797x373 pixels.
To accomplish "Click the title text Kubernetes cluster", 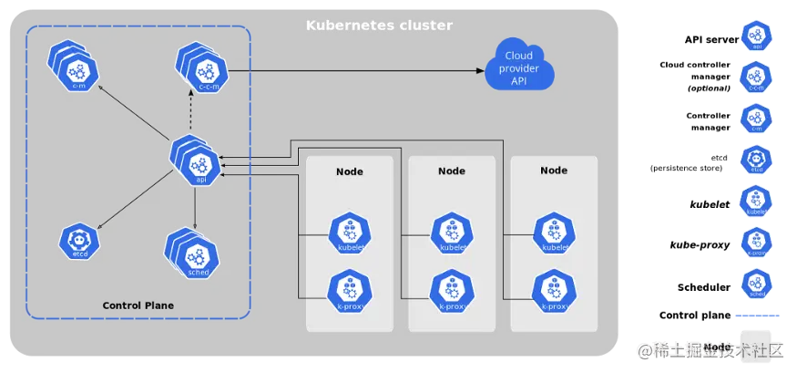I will coord(378,25).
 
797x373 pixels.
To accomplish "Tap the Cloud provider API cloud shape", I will coord(518,69).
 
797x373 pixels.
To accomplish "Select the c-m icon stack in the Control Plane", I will coord(75,67).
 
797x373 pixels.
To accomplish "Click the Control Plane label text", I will coord(138,305).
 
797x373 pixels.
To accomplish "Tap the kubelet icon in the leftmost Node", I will coord(350,233).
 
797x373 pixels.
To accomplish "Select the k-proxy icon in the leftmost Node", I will coord(350,290).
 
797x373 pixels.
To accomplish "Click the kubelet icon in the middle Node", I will coord(452,233).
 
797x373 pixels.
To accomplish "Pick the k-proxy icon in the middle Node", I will coord(452,290).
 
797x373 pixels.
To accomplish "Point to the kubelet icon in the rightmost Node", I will coord(554,233).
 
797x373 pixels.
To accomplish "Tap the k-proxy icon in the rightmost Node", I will coord(554,290).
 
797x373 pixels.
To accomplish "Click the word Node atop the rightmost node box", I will coord(554,171).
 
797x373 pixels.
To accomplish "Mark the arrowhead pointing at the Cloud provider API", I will coord(479,70).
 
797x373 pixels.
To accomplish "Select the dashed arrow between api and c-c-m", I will coord(190,115).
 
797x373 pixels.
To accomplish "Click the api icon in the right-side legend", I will coord(755,35).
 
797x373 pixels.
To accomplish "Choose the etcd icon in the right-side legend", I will coord(755,159).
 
